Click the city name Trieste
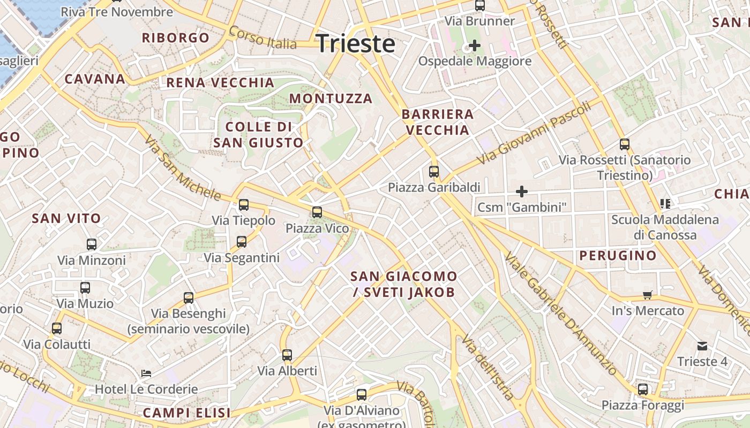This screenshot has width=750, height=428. [x=356, y=43]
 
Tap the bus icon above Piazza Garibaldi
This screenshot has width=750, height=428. [x=434, y=172]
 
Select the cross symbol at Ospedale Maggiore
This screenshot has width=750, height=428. [x=474, y=45]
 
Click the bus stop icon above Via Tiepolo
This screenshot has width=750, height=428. [x=244, y=204]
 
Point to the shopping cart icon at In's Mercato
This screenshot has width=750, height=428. [x=648, y=295]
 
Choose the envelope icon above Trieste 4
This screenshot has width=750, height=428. [x=702, y=346]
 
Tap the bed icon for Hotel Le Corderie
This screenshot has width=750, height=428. [x=146, y=373]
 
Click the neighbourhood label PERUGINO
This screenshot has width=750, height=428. [x=618, y=255]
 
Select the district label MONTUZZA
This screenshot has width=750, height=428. [x=331, y=98]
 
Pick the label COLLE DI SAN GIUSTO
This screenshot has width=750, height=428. [x=258, y=135]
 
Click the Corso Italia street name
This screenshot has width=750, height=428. [x=262, y=37]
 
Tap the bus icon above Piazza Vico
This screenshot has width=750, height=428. [x=317, y=212]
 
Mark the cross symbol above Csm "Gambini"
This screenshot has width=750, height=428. [x=521, y=191]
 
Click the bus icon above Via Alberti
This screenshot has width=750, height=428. [x=287, y=355]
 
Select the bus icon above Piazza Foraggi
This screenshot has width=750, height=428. [x=643, y=389]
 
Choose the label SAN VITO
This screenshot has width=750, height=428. [x=66, y=218]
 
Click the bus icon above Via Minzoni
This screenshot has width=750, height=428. [x=92, y=244]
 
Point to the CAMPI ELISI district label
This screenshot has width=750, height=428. [x=186, y=412]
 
